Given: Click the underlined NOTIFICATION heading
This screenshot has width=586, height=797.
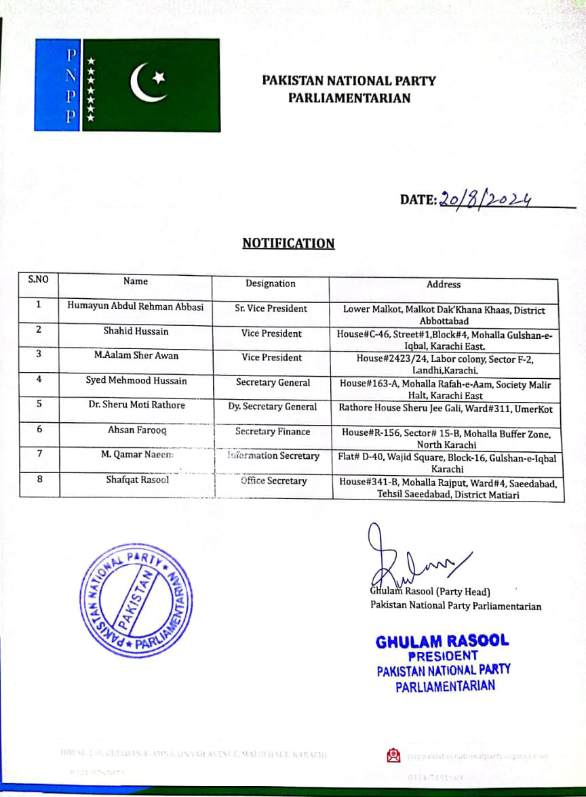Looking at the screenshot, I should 288,243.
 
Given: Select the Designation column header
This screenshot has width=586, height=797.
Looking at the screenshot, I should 271,284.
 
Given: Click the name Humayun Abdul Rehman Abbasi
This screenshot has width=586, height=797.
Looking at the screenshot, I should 135,306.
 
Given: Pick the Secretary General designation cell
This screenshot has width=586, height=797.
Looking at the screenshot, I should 273,382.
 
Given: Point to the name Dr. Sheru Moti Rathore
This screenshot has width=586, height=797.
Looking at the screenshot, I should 136,405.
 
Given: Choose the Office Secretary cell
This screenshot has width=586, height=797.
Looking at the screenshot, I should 273,481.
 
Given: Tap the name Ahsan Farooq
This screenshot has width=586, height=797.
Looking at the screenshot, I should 136,430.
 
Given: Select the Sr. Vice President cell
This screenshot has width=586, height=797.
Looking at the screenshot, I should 271,308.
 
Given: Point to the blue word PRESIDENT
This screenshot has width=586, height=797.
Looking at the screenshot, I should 442,655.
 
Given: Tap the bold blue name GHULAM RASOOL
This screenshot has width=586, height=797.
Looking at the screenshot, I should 442,641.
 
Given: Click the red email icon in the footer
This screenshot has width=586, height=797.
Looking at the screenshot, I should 393,755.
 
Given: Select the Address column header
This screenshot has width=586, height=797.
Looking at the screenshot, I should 444,284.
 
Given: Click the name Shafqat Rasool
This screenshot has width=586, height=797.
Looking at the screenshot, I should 137,480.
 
